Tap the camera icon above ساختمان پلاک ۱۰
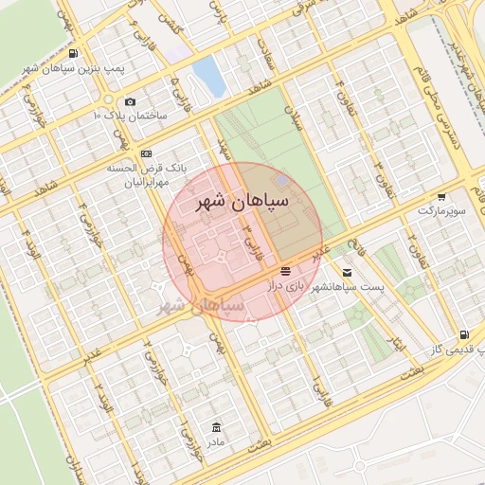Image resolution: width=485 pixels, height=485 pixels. point(130,101)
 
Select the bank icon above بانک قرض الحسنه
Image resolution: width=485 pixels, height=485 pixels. point(146,153)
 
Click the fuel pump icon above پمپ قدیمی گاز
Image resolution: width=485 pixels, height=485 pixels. point(463,334)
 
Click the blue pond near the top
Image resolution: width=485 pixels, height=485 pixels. point(208,78)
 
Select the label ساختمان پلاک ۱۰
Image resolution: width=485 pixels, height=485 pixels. point(130,115)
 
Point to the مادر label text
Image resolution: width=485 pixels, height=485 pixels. point(217,441)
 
